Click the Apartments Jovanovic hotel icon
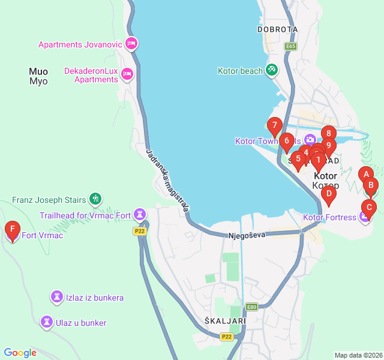pyautogui.click(x=132, y=44)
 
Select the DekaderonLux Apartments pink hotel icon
pyautogui.click(x=127, y=74)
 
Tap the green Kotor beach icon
pyautogui.click(x=272, y=70)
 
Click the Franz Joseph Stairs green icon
pyautogui.click(x=95, y=198)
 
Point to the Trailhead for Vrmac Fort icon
pyautogui.click(x=140, y=214)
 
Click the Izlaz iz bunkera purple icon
pyautogui.click(x=57, y=297)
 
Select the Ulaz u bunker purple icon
pyautogui.click(x=46, y=322)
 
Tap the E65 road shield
pyautogui.click(x=291, y=46)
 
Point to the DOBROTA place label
pyautogui.click(x=277, y=29)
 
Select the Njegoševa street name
pyautogui.click(x=247, y=236)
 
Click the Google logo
pyautogui.click(x=20, y=353)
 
